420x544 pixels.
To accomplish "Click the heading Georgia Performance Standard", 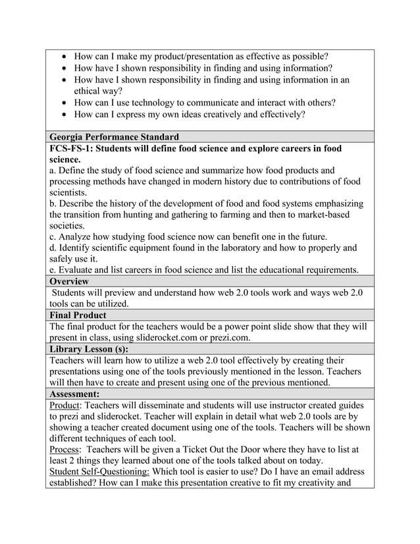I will [114, 137].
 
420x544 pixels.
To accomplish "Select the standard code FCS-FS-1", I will [72, 149].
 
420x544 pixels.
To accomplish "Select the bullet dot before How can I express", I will [63, 115].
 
